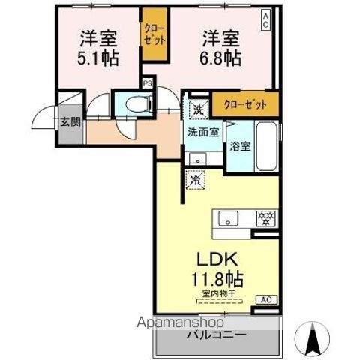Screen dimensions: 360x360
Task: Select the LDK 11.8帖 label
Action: click(x=217, y=268)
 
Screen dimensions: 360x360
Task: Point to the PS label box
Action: click(x=147, y=83)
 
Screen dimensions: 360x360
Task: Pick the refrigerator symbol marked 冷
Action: click(x=194, y=180)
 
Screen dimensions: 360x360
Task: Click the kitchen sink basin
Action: click(x=229, y=218)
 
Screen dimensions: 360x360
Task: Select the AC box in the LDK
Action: click(x=264, y=299)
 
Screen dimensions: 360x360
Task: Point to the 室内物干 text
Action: click(x=220, y=295)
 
